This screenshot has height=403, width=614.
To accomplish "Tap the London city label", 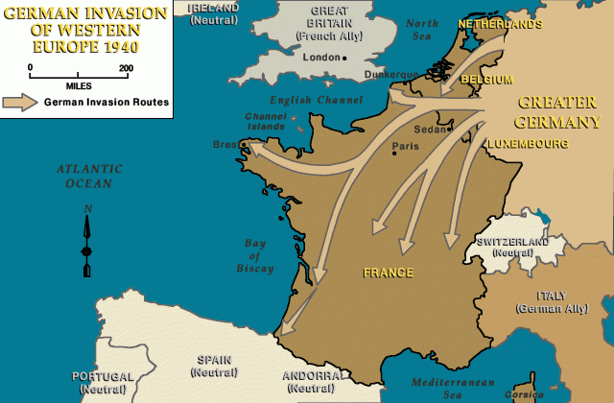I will tap(320, 58).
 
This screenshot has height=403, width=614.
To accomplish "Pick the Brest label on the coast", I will tap(225, 146).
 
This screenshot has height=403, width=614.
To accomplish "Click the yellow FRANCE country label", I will tap(389, 273).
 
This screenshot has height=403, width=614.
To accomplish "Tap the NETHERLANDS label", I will tap(500, 24).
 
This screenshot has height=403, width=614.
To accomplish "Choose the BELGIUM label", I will tap(486, 80).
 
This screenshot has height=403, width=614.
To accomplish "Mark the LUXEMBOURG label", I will tap(527, 144).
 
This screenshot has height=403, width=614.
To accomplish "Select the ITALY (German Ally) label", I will tap(545, 301).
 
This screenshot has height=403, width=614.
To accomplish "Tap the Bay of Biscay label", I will tap(255, 255).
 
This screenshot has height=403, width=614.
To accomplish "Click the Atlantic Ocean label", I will tap(83, 176).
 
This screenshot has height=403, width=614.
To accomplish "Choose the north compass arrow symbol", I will tap(87, 240).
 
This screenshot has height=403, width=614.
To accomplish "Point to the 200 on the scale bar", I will tap(126, 67).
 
